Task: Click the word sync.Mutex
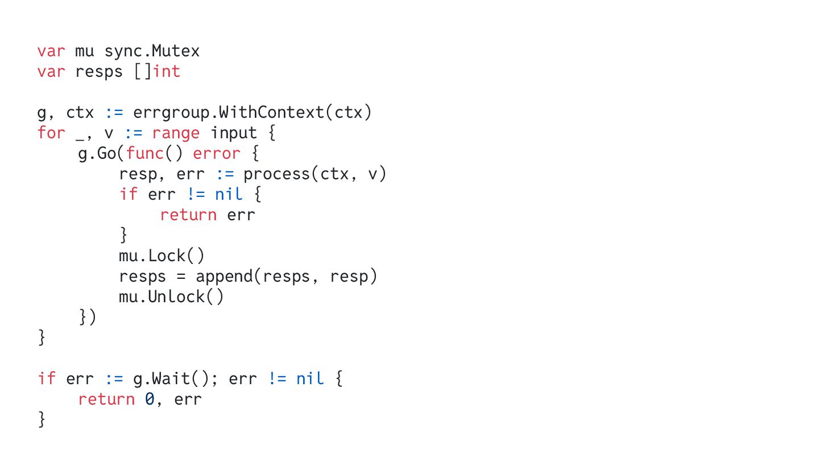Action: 152,51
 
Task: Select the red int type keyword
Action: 167,72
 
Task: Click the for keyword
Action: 51,133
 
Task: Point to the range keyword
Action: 176,133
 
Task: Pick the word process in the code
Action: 277,174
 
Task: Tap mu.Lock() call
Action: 161,256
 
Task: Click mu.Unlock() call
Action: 171,297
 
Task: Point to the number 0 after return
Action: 149,400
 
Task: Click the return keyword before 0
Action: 106,400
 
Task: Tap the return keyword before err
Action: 188,215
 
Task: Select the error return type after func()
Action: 217,154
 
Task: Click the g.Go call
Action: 97,154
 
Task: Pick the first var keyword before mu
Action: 51,51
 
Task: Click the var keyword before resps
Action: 51,72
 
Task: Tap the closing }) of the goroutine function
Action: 88,318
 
